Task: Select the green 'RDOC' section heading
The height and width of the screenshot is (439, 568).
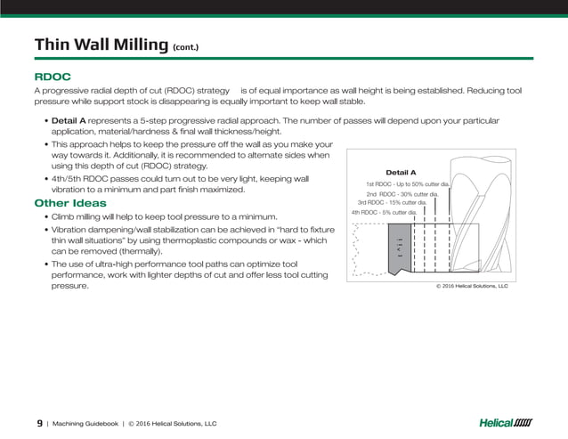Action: pos(53,77)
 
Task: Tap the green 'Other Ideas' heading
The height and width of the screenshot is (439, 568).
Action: pos(69,203)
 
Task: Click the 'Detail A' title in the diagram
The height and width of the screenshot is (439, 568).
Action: pos(401,172)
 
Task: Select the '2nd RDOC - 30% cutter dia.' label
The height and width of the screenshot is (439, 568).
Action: pos(402,193)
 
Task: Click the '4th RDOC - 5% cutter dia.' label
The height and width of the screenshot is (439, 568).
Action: pos(385,212)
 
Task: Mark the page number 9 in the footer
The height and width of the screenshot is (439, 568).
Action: pos(39,423)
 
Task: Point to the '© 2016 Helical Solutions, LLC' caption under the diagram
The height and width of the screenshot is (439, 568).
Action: pos(471,287)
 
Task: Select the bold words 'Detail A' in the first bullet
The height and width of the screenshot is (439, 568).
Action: pos(69,120)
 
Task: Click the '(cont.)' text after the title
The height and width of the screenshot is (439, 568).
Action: pos(186,47)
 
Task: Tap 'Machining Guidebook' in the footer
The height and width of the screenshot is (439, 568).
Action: pos(85,424)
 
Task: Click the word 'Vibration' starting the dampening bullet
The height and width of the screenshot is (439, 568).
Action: pos(72,229)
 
